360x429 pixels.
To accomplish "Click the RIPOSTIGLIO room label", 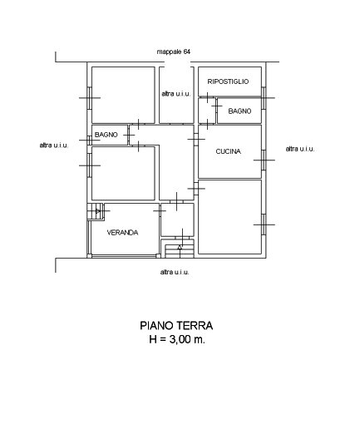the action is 228,81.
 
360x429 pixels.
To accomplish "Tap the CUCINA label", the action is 228,151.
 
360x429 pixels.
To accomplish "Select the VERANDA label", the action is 122,233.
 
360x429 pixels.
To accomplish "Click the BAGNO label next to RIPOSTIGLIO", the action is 239,111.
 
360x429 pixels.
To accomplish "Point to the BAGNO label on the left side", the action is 106,135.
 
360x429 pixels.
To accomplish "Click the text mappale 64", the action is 174,52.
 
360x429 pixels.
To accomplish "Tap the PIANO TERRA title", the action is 176,326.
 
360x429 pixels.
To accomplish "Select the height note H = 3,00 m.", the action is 177,339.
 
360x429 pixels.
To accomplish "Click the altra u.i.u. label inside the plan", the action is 176,94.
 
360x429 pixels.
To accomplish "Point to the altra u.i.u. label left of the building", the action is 54,145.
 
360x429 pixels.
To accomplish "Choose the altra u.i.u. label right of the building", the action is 300,149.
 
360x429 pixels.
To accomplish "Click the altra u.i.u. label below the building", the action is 175,272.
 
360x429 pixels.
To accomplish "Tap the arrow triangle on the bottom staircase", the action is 180,247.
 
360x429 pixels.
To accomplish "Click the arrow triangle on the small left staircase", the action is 98,211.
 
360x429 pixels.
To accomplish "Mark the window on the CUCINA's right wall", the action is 264,160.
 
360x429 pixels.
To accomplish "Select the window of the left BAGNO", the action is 89,141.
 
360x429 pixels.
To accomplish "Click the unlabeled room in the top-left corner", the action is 123,95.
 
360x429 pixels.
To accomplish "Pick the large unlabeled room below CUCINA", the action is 229,217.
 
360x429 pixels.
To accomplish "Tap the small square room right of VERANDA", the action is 177,219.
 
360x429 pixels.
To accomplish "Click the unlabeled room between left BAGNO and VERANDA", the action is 123,173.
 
